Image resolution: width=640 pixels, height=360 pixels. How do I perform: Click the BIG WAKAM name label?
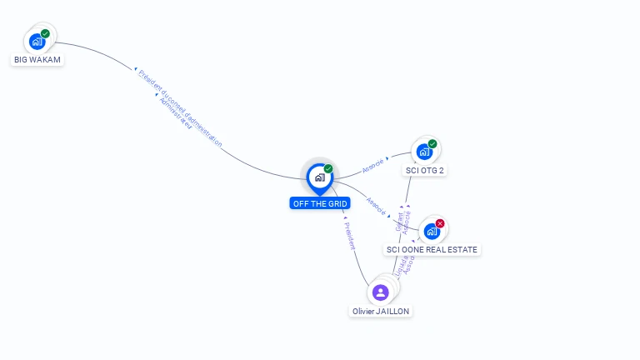pyautogui.click(x=37, y=60)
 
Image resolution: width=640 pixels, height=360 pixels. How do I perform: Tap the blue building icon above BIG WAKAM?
pyautogui.click(x=37, y=41)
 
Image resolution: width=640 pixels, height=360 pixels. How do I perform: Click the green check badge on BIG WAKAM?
pyautogui.click(x=45, y=34)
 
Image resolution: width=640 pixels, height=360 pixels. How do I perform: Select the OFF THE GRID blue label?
pyautogui.click(x=320, y=203)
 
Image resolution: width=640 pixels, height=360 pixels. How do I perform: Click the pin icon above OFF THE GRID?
pyautogui.click(x=319, y=177)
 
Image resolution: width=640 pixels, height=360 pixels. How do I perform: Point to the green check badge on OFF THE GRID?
pyautogui.click(x=328, y=169)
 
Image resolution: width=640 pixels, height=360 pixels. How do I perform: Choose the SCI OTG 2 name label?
pyautogui.click(x=425, y=171)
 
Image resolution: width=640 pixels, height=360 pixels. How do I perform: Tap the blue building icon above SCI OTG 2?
pyautogui.click(x=424, y=152)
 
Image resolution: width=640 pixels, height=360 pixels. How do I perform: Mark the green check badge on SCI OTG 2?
pyautogui.click(x=432, y=144)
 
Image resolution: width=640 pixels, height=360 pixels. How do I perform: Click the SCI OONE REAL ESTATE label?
pyautogui.click(x=432, y=249)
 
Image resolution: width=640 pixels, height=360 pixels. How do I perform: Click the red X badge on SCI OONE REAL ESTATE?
pyautogui.click(x=440, y=223)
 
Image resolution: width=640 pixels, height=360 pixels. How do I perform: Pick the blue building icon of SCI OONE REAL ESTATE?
pyautogui.click(x=432, y=231)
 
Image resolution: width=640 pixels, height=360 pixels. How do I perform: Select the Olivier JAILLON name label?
pyautogui.click(x=381, y=311)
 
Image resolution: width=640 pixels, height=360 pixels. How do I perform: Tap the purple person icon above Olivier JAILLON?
pyautogui.click(x=381, y=292)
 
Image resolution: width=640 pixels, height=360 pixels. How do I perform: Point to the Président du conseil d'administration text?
pyautogui.click(x=180, y=108)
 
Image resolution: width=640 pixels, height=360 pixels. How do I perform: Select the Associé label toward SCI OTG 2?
pyautogui.click(x=373, y=165)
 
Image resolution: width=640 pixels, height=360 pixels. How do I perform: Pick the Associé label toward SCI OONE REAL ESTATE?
pyautogui.click(x=377, y=206)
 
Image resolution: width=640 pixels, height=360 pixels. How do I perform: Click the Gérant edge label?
pyautogui.click(x=400, y=220)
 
